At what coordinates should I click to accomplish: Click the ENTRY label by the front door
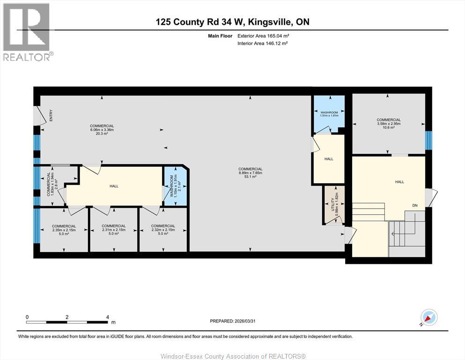[x=51, y=116]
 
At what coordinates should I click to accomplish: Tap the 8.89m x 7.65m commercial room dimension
[x=250, y=173]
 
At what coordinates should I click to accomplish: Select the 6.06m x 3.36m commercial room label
[x=102, y=130]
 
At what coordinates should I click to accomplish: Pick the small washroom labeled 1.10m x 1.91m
[x=174, y=186]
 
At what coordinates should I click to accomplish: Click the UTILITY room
[x=334, y=205]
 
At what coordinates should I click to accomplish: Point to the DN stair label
[x=414, y=205]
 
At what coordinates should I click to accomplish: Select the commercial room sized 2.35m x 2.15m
[x=64, y=230]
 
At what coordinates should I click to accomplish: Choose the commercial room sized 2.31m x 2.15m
[x=113, y=230]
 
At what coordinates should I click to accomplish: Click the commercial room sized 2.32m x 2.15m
[x=163, y=230]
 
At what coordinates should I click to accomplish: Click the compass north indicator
[x=428, y=317]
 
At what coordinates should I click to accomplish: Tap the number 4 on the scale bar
[x=108, y=317]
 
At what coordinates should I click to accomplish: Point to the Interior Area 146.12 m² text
[x=263, y=43]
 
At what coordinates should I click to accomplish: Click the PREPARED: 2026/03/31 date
[x=232, y=321]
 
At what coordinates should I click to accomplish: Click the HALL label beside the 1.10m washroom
[x=114, y=186]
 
